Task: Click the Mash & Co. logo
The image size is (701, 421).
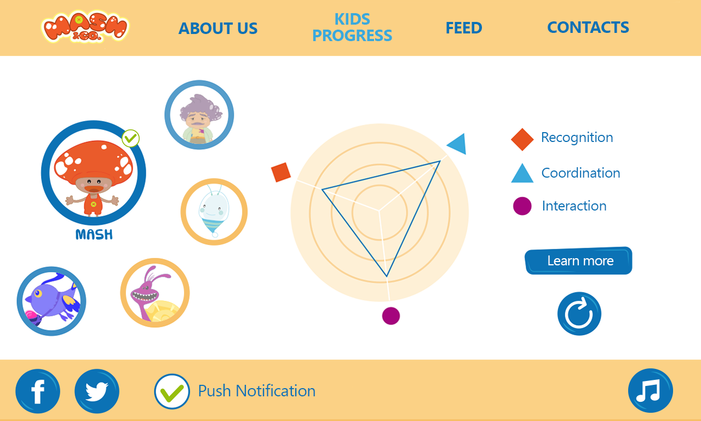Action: (85, 26)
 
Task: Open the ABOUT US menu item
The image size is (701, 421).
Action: (218, 28)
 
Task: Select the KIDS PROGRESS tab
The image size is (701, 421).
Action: (352, 27)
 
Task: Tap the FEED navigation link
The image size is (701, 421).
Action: (464, 28)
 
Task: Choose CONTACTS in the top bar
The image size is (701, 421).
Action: (588, 27)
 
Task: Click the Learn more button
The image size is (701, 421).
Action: (578, 260)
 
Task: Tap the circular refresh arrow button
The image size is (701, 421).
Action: (579, 314)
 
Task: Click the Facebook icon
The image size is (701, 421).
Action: (38, 391)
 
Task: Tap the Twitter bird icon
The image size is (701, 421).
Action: (97, 391)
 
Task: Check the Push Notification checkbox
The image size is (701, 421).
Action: (172, 391)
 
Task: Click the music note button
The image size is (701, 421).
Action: (650, 391)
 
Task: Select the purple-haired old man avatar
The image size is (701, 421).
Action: (199, 115)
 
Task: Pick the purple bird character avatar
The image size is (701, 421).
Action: (51, 301)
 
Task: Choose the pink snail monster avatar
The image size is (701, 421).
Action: (155, 293)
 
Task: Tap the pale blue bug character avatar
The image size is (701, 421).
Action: (214, 212)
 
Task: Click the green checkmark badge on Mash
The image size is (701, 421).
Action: (130, 138)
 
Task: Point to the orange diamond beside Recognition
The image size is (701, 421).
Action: (522, 139)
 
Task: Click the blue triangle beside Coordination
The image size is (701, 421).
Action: (522, 173)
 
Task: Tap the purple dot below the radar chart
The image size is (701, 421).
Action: (391, 316)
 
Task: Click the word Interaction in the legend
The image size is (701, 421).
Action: (574, 206)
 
